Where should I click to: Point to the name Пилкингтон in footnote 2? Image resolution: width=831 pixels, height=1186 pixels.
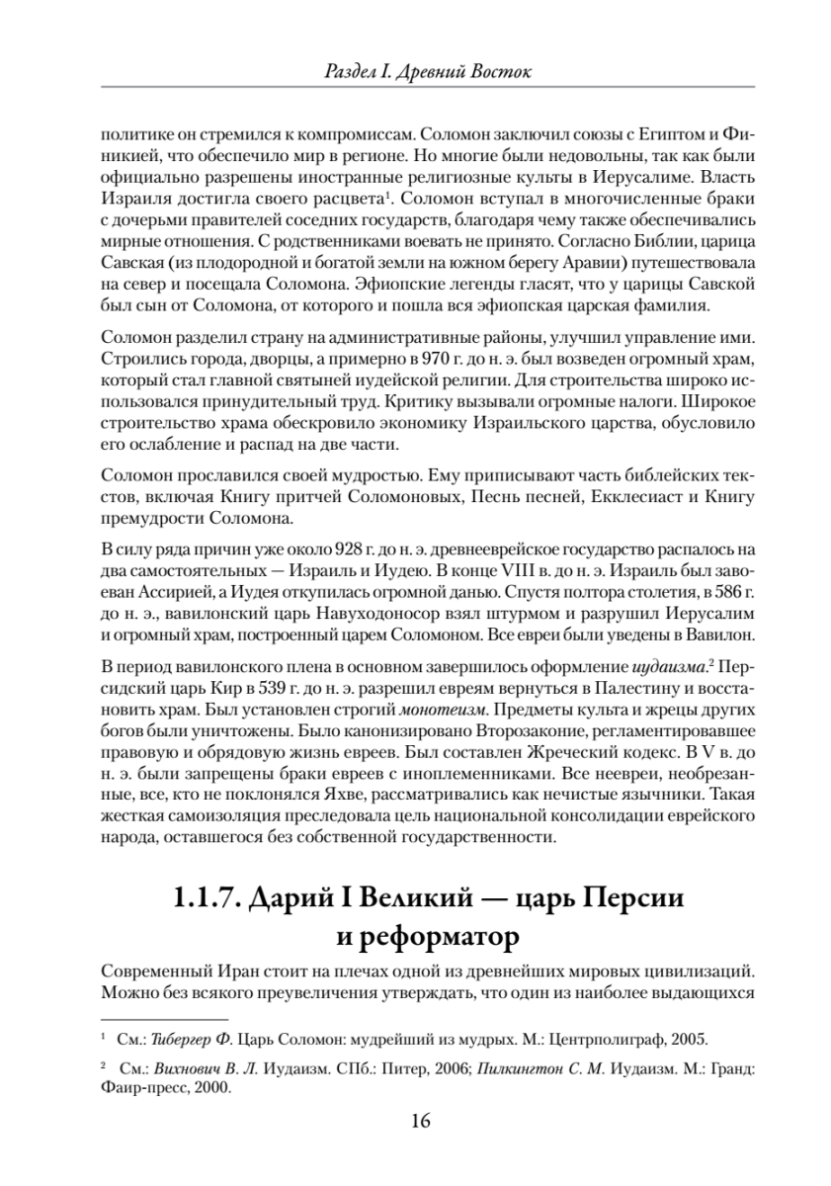[x=513, y=1068]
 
